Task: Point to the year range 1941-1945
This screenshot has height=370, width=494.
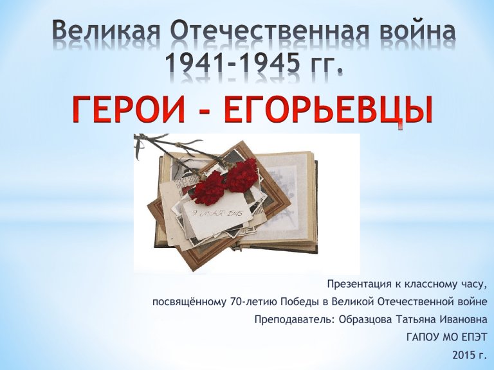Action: (232, 62)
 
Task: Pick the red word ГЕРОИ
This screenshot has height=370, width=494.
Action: (128, 109)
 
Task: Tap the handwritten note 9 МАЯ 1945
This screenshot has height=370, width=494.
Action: (217, 214)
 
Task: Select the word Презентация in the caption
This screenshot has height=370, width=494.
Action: (358, 285)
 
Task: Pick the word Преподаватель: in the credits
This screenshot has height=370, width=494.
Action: (295, 320)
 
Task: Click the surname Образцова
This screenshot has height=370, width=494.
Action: (365, 320)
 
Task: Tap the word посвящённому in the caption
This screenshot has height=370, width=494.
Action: (190, 302)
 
